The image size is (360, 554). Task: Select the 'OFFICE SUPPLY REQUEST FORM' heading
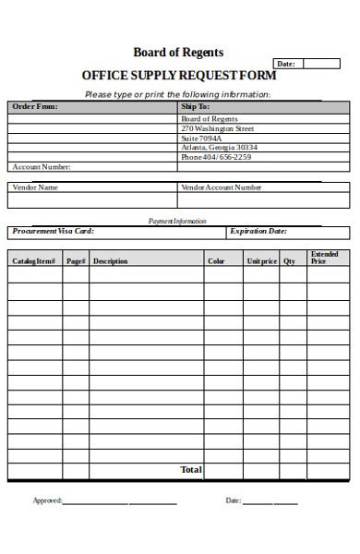click(x=179, y=76)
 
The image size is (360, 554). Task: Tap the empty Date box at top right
click(x=321, y=64)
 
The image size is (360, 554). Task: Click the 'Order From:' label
click(x=34, y=107)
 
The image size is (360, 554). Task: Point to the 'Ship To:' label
click(x=196, y=107)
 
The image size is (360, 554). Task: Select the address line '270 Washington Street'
click(x=218, y=129)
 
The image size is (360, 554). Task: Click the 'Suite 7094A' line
click(x=202, y=138)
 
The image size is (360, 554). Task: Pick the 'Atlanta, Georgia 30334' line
click(x=219, y=148)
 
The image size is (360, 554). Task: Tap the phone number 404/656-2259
click(x=216, y=157)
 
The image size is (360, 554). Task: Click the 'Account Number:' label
click(x=41, y=167)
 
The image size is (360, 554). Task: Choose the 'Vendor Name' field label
click(x=35, y=187)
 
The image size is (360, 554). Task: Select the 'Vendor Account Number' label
click(x=222, y=187)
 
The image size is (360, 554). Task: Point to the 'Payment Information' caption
click(x=177, y=222)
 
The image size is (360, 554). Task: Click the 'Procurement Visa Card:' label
click(x=54, y=232)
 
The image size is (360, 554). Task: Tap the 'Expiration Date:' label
click(x=258, y=232)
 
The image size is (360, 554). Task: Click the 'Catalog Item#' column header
click(x=34, y=261)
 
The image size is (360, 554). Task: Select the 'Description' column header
click(x=111, y=261)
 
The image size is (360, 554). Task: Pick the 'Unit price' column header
click(x=261, y=261)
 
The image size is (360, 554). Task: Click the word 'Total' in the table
click(x=191, y=470)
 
